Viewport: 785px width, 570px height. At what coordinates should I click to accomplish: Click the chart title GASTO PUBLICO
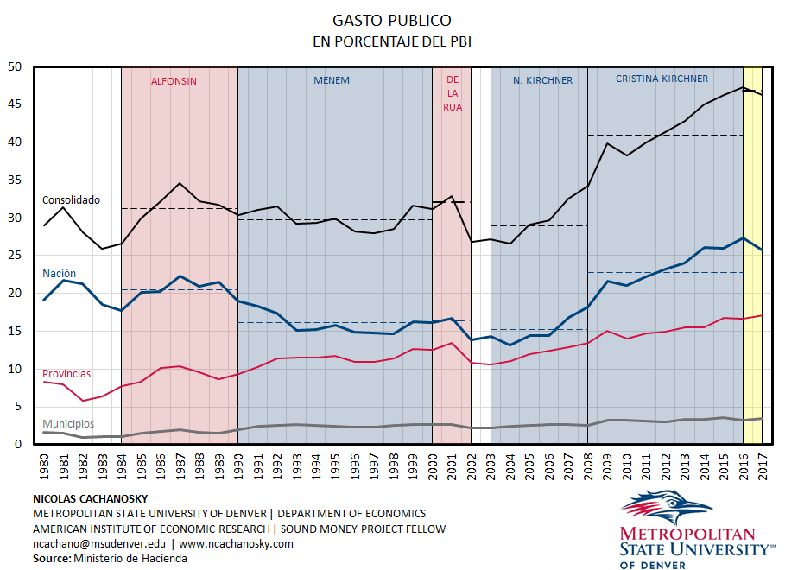392,20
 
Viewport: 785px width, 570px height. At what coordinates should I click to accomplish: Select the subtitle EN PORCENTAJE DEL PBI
392,41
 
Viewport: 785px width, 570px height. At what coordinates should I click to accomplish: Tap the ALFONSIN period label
174,81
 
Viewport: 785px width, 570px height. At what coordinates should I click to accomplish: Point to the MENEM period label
332,80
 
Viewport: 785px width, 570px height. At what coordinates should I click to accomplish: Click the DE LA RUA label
453,93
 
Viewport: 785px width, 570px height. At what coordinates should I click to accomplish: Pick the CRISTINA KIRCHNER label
662,79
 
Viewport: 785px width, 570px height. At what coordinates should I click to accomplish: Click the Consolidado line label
71,200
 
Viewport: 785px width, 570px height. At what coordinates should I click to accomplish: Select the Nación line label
60,274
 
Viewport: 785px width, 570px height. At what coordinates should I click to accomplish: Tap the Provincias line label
66,374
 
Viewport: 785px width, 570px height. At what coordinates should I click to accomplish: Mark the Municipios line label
68,424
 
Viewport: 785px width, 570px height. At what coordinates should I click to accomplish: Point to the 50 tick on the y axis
15,66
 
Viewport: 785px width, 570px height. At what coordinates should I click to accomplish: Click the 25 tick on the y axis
15,256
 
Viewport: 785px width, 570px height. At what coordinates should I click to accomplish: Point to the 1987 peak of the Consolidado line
180,183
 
